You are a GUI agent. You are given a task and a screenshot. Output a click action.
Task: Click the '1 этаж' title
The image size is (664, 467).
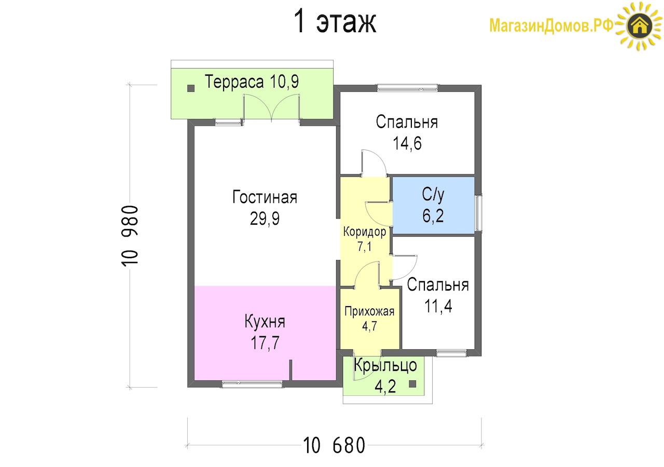click(335, 21)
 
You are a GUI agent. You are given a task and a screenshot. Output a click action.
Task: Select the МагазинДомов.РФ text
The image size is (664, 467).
click(551, 25)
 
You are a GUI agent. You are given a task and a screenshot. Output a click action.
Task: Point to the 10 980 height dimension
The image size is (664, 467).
click(130, 236)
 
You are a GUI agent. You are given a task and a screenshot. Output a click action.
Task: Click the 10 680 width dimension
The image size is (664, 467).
click(334, 445)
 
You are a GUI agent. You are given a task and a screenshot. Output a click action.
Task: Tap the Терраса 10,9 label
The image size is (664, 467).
click(252, 81)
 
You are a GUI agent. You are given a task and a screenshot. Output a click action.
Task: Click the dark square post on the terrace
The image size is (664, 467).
click(191, 88)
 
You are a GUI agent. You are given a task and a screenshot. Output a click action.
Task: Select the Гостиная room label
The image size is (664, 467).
click(265, 197)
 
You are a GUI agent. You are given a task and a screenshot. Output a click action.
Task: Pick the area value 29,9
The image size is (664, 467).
click(265, 219)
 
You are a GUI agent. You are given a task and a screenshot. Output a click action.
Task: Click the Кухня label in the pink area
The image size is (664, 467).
click(265, 321)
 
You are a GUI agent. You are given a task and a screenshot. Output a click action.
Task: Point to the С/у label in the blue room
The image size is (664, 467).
click(433, 195)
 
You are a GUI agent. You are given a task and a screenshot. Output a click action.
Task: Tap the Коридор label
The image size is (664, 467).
click(365, 231)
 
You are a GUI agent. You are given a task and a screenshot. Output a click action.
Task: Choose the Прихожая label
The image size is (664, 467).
click(369, 311)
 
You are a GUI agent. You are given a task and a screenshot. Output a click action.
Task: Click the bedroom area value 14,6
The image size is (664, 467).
click(407, 144)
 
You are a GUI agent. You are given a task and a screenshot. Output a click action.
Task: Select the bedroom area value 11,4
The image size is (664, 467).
click(438, 306)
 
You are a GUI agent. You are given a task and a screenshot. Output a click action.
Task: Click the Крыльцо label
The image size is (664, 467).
click(385, 365)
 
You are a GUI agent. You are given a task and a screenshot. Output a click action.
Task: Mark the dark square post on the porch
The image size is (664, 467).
click(412, 384)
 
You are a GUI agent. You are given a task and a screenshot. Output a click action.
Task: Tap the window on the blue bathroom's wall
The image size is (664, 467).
click(478, 212)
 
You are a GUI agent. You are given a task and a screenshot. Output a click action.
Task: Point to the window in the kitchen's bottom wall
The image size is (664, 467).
click(252, 384)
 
